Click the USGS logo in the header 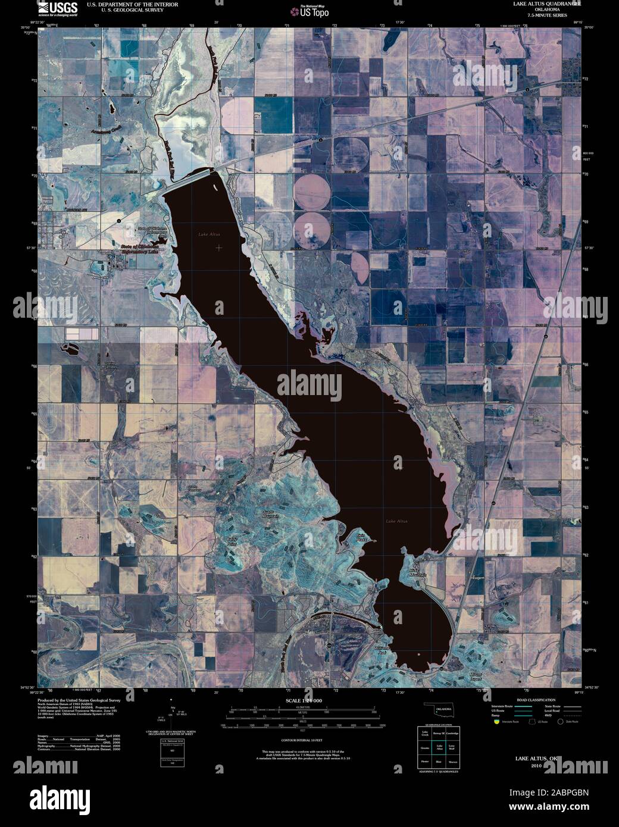point(57,8)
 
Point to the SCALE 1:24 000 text point(304,701)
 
